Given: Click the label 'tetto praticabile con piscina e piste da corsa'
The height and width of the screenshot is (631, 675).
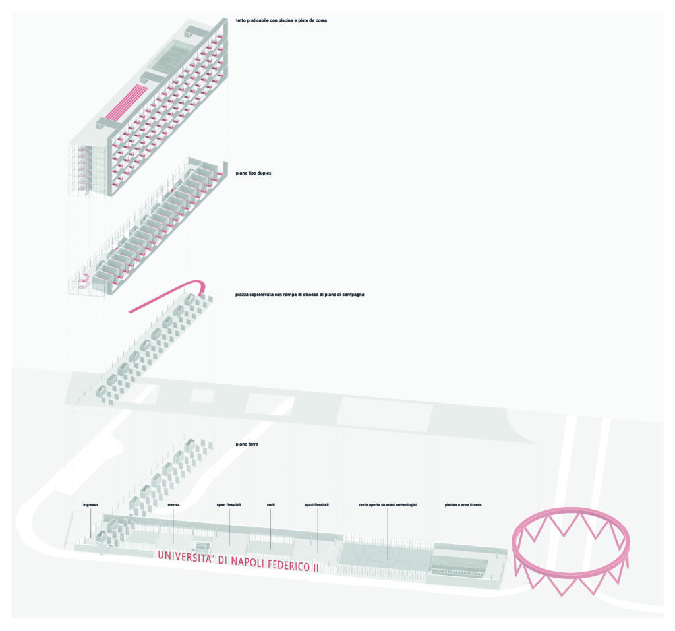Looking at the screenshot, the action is (281, 20).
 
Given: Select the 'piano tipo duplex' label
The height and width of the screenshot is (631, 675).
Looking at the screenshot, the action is (253, 173).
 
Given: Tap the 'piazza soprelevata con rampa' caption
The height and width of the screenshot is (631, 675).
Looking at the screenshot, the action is (300, 295).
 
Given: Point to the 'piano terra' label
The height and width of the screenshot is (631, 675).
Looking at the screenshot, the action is (247, 444).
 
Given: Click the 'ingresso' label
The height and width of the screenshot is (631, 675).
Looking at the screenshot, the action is (90, 505).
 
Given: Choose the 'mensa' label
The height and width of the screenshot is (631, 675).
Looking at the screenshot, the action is (173, 505).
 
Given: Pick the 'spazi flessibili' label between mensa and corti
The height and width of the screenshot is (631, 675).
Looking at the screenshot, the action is (229, 505).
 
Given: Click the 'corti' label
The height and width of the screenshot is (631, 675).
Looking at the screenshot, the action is (271, 505).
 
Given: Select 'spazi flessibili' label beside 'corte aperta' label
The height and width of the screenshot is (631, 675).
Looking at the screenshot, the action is (316, 505).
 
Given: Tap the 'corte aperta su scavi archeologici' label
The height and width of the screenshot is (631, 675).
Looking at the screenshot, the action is (388, 505).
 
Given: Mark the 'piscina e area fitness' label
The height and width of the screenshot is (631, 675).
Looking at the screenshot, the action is (463, 505).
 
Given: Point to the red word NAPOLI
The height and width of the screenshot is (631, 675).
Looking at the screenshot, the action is (248, 562).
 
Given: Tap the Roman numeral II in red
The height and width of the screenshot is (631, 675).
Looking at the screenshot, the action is (316, 568).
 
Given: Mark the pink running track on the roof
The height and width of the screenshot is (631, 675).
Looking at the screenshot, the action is (127, 102).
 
